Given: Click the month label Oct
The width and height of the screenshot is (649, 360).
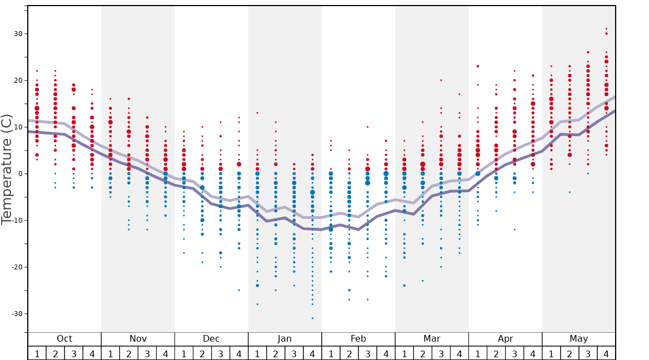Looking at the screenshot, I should click(64, 339).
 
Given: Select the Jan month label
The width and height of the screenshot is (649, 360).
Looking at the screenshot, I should click(284, 339).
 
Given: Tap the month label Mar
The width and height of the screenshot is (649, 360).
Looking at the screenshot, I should click(432, 339).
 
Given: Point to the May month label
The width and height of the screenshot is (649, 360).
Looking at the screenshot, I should click(578, 339).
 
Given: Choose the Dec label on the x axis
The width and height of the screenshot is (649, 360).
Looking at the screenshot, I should click(211, 339).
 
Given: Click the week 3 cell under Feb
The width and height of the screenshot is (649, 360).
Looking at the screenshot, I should click(367, 353).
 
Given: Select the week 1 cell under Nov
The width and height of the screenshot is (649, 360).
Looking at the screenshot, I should click(110, 353).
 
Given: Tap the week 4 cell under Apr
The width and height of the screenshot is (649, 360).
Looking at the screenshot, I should click(533, 353).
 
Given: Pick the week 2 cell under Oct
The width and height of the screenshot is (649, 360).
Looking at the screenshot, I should click(55, 353).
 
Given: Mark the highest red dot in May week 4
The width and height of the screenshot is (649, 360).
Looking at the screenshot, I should click(606, 29).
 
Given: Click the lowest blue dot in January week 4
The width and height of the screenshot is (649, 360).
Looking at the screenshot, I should click(312, 318).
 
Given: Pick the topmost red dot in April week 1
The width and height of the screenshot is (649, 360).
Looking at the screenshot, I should click(477, 66).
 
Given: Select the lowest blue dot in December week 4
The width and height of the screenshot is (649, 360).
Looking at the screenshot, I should click(239, 290).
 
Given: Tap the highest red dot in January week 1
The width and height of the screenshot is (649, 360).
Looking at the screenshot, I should click(257, 113).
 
